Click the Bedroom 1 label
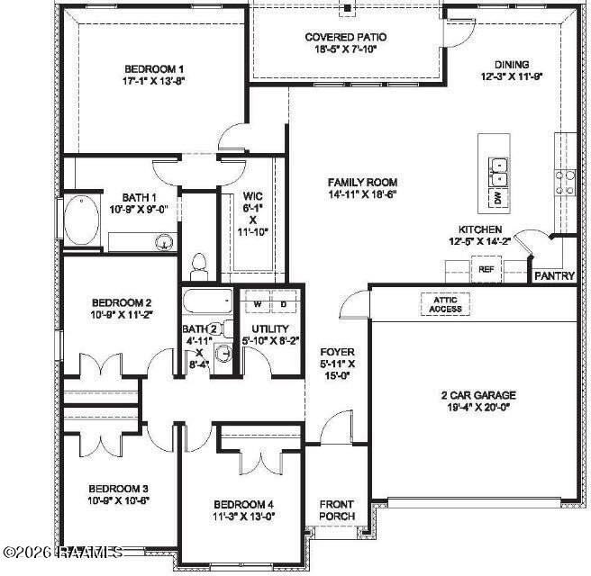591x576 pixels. click(154, 69)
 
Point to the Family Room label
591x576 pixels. click(362, 182)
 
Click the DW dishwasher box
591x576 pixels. click(496, 197)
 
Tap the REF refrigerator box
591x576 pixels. click(486, 268)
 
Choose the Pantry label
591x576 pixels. click(554, 276)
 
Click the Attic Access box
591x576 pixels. click(445, 304)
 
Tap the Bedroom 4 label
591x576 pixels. click(244, 504)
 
